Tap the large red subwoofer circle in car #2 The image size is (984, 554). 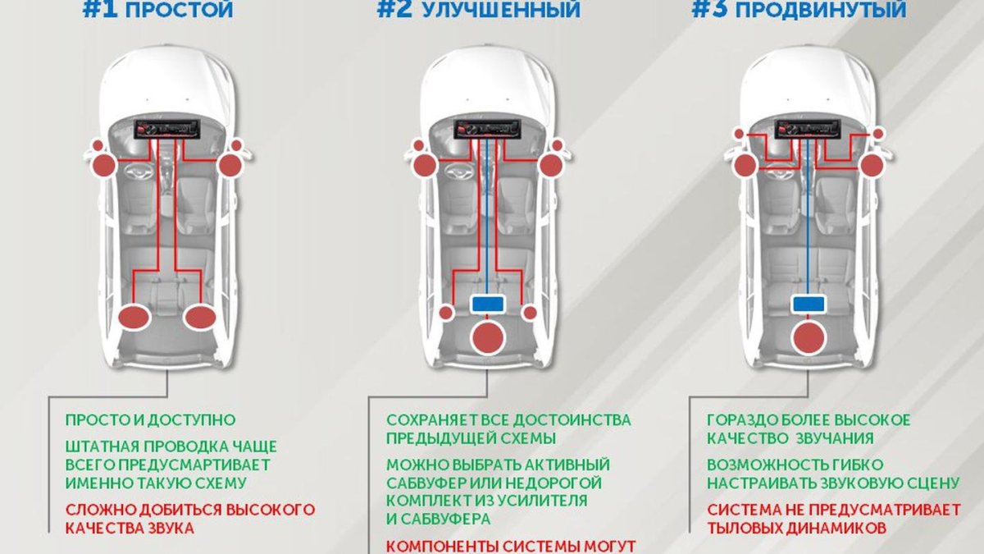pyautogui.click(x=489, y=337)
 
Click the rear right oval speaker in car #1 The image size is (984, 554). pyautogui.click(x=199, y=317)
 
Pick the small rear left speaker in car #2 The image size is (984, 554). pyautogui.click(x=446, y=312)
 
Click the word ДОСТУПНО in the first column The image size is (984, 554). pyautogui.click(x=197, y=420)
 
